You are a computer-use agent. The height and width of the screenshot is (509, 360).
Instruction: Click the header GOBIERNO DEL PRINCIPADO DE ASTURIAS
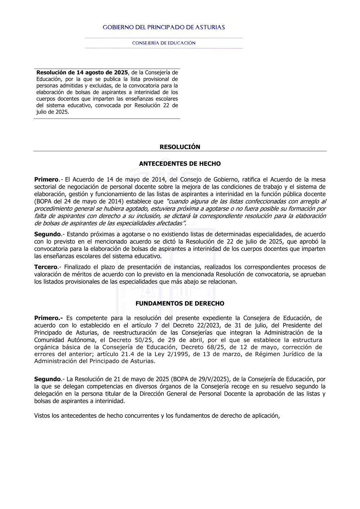click(164, 27)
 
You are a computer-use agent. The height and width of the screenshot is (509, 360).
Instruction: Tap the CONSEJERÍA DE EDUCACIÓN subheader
click(164, 43)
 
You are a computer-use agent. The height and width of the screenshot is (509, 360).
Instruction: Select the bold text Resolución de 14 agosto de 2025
click(82, 73)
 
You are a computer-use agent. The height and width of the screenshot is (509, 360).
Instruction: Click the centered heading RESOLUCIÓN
click(180, 147)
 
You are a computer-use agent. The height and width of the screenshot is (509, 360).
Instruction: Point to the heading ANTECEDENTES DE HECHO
click(180, 164)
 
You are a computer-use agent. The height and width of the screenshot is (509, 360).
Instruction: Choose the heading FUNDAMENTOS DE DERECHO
click(180, 303)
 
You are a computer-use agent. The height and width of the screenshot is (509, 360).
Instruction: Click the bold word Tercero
click(46, 267)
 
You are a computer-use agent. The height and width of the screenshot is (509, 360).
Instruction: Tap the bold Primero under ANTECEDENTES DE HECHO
click(46, 180)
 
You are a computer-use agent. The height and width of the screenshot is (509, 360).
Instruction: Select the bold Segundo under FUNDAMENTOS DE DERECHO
click(47, 379)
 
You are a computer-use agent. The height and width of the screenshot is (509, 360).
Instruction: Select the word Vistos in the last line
click(42, 416)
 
